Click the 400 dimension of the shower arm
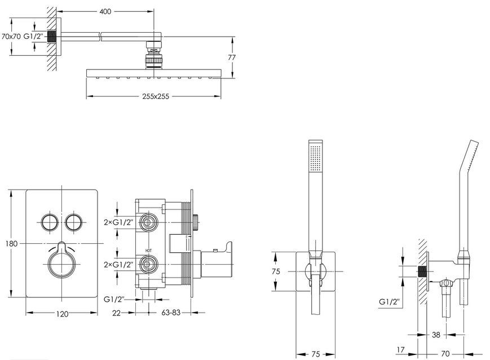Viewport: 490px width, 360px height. pos(105,12)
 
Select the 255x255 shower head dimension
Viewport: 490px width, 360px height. pos(155,96)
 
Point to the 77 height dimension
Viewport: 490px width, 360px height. pos(232,57)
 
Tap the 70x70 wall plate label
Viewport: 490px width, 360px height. pos(11,36)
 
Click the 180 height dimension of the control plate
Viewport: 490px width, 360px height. pos(12,243)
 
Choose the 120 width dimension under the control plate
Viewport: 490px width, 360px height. pos(62,314)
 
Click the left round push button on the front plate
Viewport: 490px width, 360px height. pos(50,222)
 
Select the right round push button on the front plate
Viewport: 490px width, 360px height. pos(74,222)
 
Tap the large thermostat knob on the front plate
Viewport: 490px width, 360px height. pos(61,261)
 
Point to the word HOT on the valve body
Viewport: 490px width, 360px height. pos(148,251)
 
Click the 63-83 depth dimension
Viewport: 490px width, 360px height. pos(171,312)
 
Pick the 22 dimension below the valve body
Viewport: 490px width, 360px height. pos(116,313)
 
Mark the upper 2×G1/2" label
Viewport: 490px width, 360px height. pos(119,222)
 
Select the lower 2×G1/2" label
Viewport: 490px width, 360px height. pos(119,264)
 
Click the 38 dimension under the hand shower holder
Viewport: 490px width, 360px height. pos(436,335)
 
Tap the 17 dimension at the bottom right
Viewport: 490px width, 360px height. pos(400,350)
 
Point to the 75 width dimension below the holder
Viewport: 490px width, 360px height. pos(316,354)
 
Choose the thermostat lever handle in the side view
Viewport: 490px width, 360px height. pos(215,260)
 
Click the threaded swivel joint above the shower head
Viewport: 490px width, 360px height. pos(153,54)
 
